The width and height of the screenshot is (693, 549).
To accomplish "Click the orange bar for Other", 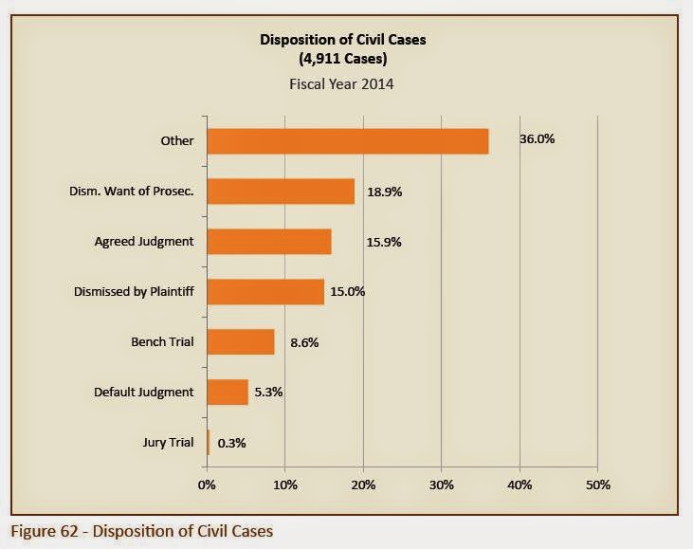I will pos(347,141).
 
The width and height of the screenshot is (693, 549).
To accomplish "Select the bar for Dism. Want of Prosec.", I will pos(281,192).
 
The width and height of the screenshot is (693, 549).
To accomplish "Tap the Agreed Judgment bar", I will pos(269,242).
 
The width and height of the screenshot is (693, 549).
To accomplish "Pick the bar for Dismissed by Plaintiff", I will pos(265,292).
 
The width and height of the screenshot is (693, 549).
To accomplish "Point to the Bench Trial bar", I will pos(241,341).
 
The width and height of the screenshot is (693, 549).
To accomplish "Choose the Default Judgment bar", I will pos(228,392).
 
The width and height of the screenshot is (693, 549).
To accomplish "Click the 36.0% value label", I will pos(537,139).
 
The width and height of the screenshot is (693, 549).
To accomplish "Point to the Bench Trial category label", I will pos(162,341).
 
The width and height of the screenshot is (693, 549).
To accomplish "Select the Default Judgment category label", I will pos(144,392).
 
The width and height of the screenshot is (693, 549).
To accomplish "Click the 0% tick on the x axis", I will pos(207,485).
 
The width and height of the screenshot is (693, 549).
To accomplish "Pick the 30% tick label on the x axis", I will pos(441,485).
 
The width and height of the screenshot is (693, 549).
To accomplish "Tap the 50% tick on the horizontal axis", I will pos(597,485).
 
